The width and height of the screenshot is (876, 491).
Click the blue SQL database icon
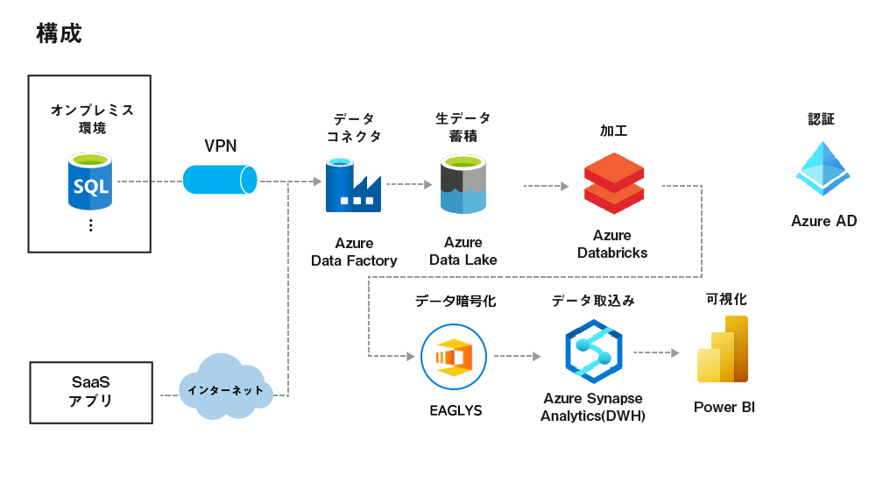[91, 181]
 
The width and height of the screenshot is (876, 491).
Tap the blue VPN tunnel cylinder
[220, 180]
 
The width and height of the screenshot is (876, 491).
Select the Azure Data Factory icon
[354, 185]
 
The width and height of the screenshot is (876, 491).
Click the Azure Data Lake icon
[463, 185]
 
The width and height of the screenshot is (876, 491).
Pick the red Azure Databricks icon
[613, 183]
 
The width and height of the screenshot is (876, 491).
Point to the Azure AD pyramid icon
[823, 167]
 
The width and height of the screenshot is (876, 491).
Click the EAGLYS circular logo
[454, 356]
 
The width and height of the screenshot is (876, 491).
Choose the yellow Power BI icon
[724, 350]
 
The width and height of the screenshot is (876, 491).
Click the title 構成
[59, 33]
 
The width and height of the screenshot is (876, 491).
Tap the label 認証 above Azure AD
[822, 119]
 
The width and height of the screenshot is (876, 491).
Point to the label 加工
[613, 131]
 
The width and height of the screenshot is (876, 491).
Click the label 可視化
[726, 299]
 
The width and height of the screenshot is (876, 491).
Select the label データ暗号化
[455, 301]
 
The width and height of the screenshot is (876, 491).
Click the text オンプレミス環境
[91, 119]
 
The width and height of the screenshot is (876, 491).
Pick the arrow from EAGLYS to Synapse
[518, 356]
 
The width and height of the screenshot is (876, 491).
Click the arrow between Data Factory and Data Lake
[410, 185]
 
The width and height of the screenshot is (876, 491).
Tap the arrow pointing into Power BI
[657, 352]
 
